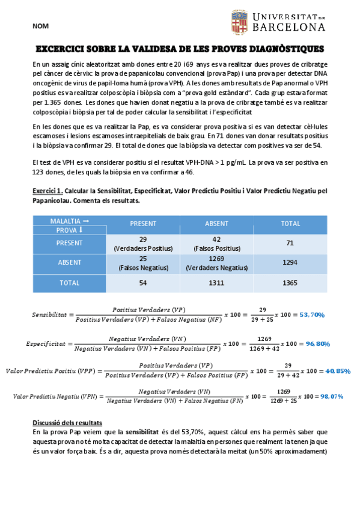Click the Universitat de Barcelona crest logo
(239, 23)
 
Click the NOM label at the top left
(41, 26)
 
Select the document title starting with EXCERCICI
(180, 49)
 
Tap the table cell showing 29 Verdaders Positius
(142, 244)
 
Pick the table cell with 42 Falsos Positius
(216, 244)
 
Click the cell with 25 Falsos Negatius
(142, 263)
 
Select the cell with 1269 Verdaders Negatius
(216, 263)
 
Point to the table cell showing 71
(290, 243)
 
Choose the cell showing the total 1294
(290, 263)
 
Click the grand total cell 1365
(290, 282)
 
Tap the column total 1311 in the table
(216, 282)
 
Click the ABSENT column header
(216, 224)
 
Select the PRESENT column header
(142, 224)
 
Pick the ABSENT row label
(69, 263)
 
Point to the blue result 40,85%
(337, 371)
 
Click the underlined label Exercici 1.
(47, 191)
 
